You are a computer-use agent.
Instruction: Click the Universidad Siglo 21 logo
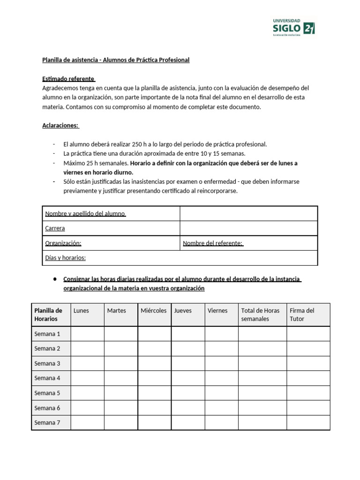click(294, 27)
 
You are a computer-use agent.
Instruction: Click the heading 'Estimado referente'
click(68, 78)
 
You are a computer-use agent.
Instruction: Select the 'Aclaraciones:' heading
click(61, 125)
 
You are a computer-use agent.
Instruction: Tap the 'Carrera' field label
click(55, 228)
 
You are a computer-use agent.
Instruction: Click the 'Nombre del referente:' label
click(213, 243)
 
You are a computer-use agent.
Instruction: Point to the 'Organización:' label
click(63, 243)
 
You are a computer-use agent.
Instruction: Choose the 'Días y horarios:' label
click(65, 258)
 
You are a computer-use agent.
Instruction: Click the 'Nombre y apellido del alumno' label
click(85, 214)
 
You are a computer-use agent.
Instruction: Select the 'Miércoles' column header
click(154, 310)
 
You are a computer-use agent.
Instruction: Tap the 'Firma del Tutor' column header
click(302, 315)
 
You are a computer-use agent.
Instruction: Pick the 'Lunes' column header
click(81, 310)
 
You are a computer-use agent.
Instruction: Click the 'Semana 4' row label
click(47, 378)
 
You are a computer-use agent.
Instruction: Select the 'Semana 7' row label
click(47, 422)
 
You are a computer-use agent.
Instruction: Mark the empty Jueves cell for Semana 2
click(187, 348)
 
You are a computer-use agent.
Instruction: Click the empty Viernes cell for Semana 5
click(221, 393)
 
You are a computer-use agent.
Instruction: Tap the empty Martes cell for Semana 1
click(120, 334)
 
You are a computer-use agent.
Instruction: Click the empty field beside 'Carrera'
click(248, 228)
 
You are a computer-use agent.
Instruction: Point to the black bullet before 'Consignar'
click(55, 279)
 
